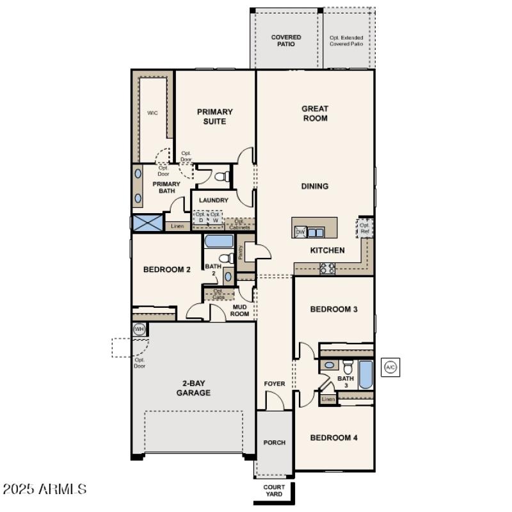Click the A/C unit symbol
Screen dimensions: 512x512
[x=390, y=367]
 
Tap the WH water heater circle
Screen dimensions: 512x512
[x=139, y=330]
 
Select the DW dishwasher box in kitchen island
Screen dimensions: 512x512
[x=300, y=232]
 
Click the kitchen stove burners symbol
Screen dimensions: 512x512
[x=327, y=269]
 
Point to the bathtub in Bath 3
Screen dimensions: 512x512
[x=365, y=375]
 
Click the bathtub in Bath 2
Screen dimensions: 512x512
[x=219, y=241]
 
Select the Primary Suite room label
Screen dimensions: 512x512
[x=215, y=116]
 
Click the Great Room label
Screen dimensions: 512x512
[x=315, y=113]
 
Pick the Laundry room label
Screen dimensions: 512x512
[x=213, y=200]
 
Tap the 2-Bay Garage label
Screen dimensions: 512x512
[x=193, y=388]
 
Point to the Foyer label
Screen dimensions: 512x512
[x=275, y=384]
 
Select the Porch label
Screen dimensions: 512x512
[x=275, y=442]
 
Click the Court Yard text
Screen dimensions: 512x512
[x=274, y=491]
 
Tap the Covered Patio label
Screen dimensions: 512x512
[x=286, y=41]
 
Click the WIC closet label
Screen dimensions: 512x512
[x=152, y=113]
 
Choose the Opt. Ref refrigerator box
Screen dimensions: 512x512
[x=365, y=228]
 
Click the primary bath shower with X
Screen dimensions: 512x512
[x=147, y=223]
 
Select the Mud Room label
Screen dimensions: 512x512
[x=239, y=310]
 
